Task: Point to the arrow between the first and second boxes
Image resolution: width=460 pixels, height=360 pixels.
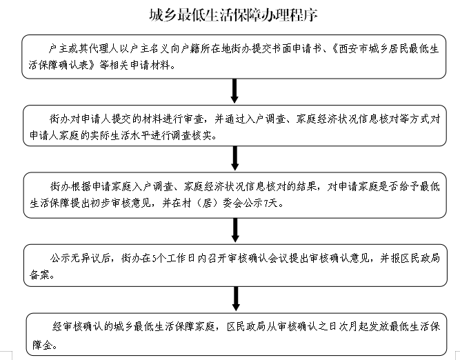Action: tap(235, 90)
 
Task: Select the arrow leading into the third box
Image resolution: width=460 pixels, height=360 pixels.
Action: tap(235, 157)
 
